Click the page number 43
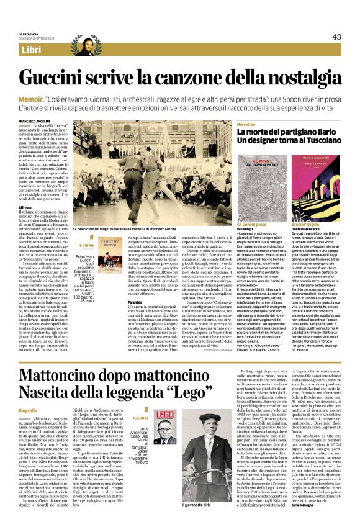336,37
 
